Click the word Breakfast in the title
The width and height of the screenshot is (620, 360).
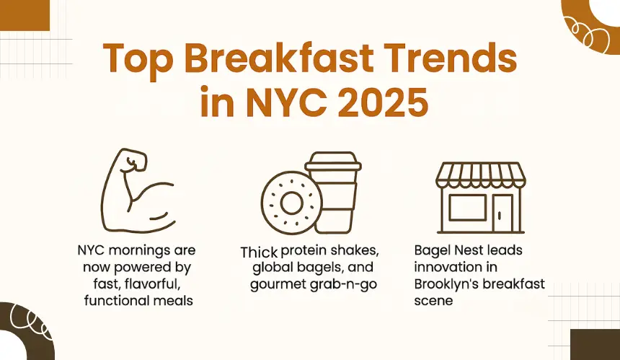coord(279,58)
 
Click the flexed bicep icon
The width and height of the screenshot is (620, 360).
coord(137,190)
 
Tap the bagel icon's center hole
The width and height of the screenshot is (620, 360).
coord(292,203)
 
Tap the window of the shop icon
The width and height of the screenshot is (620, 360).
coord(468,208)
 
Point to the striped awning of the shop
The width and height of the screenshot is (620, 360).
coord(480,175)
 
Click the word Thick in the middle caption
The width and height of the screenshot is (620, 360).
coord(259,253)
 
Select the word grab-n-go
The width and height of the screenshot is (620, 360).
coord(343,285)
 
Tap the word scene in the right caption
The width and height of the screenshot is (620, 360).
coord(433,301)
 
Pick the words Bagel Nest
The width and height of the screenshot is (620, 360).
coord(448,250)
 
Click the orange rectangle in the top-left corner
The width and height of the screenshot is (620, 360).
coord(25,15)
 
